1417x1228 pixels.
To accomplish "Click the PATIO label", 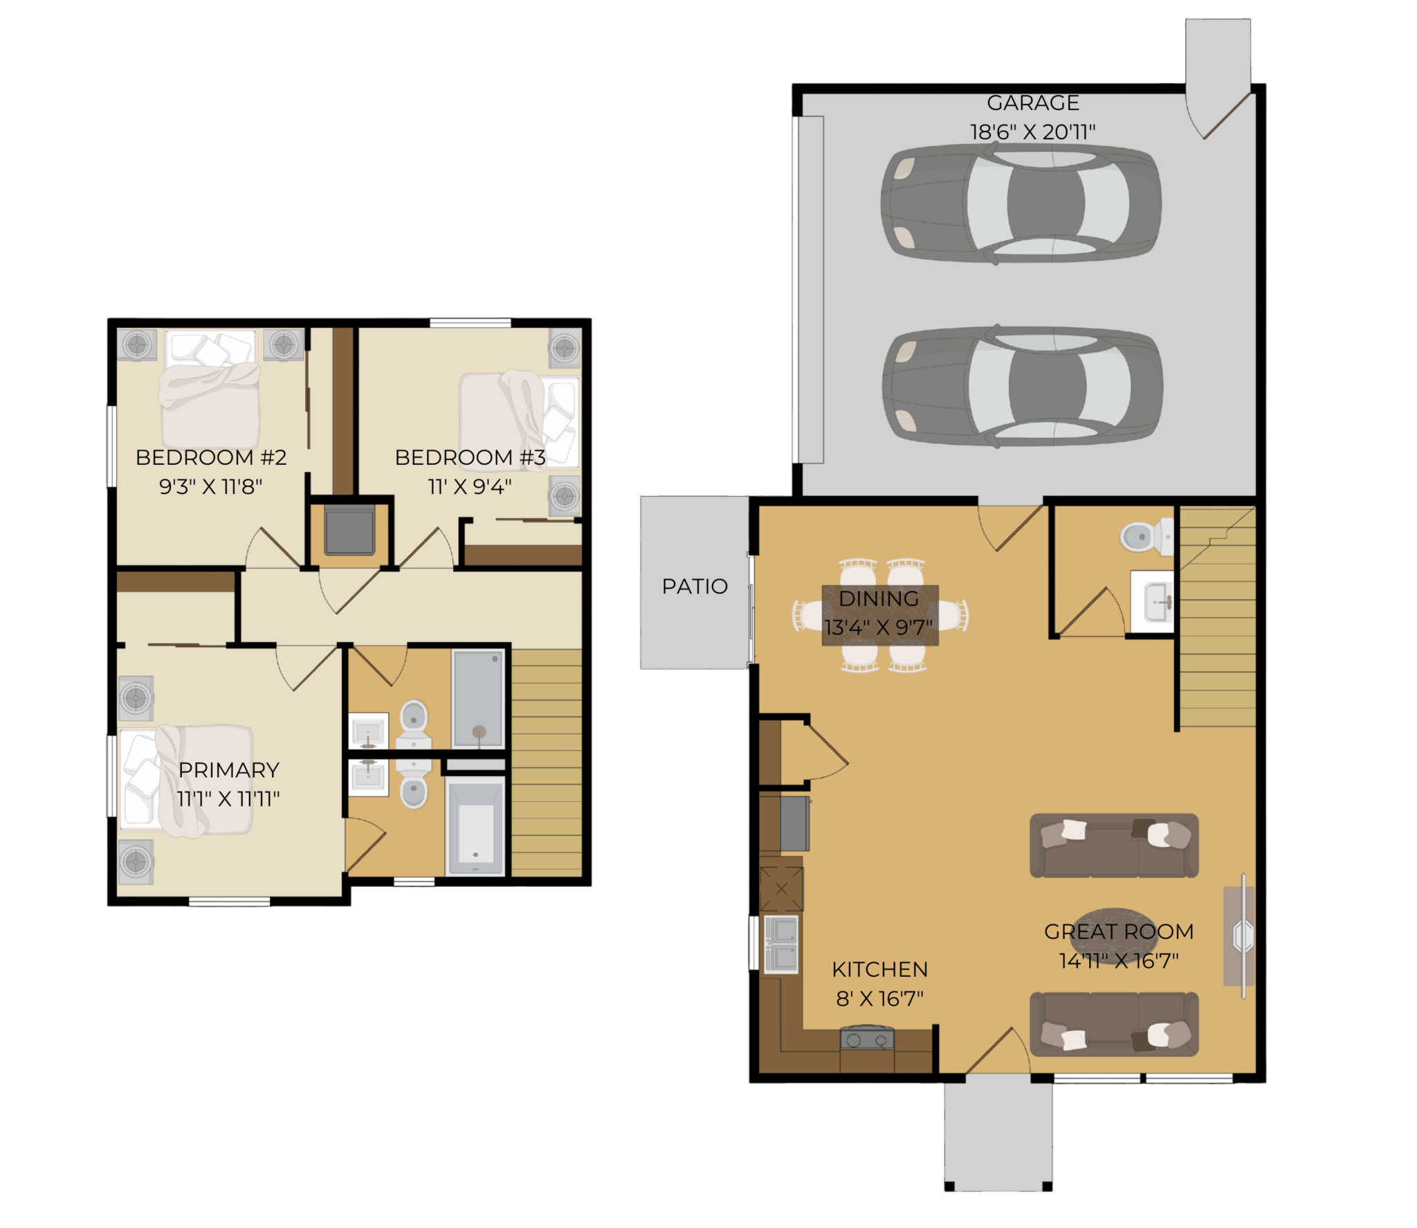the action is click(694, 587).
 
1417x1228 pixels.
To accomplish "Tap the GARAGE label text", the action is click(1032, 103).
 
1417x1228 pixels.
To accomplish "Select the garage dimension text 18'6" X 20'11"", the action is click(1032, 131).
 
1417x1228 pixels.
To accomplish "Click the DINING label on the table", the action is click(879, 598).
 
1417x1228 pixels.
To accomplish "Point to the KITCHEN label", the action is click(879, 969).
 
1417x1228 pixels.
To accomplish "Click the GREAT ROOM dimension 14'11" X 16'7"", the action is click(1119, 961).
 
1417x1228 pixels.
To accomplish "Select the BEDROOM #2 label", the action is click(211, 457).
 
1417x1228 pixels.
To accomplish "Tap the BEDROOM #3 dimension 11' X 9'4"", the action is click(470, 486).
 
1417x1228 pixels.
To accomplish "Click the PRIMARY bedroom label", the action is click(229, 770).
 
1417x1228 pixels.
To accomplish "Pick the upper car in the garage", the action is click(1021, 204).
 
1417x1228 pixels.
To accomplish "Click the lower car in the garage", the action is click(1023, 386).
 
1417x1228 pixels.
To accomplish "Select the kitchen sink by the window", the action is click(780, 944).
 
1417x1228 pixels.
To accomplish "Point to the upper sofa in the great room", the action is click(1114, 845).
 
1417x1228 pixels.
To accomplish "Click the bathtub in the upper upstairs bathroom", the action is click(477, 699).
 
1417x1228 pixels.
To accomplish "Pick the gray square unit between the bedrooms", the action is click(350, 529).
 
